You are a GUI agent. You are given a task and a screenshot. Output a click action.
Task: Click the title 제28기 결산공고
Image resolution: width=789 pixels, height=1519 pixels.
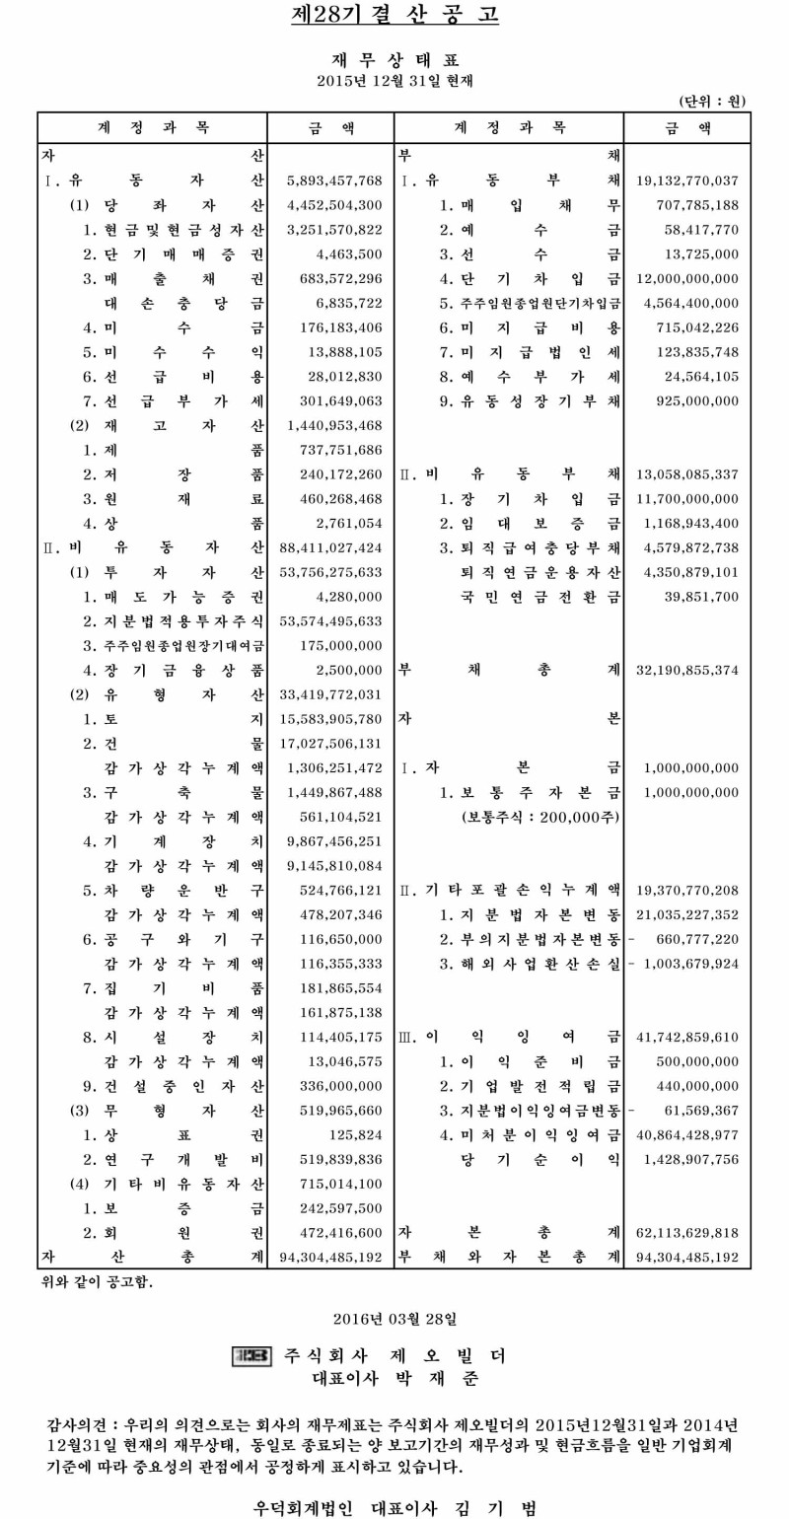394,15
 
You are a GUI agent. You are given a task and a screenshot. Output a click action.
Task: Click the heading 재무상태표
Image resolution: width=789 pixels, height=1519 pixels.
394,60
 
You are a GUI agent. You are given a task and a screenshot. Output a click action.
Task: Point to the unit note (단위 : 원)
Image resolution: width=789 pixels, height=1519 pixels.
713,100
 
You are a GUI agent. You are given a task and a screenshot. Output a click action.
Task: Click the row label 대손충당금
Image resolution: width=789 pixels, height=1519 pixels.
183,303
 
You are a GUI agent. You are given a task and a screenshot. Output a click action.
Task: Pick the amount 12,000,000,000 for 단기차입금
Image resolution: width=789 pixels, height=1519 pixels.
688,278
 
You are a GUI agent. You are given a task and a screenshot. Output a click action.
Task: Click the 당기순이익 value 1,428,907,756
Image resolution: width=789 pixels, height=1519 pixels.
690,1159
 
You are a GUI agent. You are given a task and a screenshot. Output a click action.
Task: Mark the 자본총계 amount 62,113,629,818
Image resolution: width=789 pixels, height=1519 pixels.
688,1232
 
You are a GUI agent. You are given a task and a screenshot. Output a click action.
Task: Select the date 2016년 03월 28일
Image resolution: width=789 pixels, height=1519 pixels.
394,1317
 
